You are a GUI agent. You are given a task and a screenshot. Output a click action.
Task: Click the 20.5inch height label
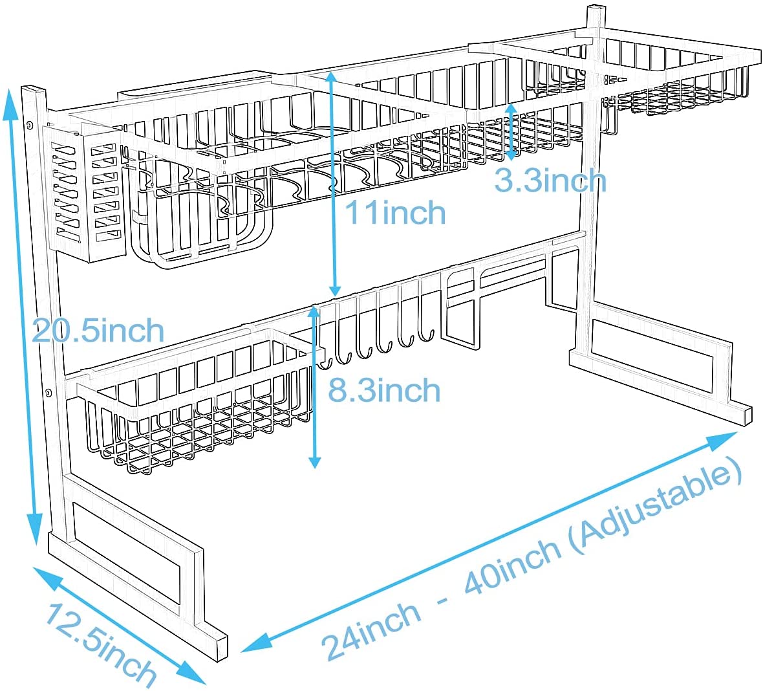[98, 331]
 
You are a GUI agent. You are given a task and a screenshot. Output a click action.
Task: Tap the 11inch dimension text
[395, 213]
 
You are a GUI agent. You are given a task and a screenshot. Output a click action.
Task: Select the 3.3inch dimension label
[550, 181]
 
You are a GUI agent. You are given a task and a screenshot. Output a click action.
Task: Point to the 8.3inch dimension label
[384, 391]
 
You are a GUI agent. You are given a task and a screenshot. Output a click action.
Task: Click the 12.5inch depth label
[101, 645]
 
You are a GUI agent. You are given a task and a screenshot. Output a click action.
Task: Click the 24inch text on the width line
[371, 630]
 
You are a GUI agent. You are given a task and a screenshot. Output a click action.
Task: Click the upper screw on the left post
[30, 124]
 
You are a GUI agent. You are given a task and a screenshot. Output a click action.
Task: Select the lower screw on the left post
[49, 391]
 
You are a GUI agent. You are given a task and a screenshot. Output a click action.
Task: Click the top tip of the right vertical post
[595, 8]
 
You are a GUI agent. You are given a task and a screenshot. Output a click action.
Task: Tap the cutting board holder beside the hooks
[463, 303]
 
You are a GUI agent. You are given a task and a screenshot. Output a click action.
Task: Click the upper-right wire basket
[679, 81]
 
